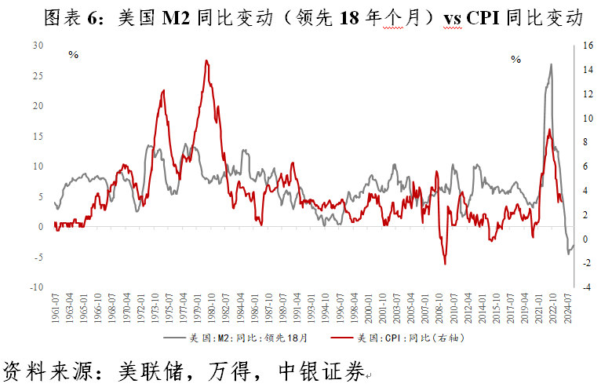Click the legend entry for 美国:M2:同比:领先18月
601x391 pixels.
click(x=235, y=339)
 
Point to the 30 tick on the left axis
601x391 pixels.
click(x=38, y=45)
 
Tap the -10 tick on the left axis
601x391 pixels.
click(x=36, y=287)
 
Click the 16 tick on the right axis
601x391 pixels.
click(x=586, y=45)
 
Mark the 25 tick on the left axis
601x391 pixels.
click(x=38, y=75)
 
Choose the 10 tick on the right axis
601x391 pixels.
click(x=586, y=118)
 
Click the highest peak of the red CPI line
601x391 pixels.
click(x=206, y=60)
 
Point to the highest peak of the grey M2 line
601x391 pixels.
click(x=551, y=64)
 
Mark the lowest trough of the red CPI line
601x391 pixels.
click(x=445, y=264)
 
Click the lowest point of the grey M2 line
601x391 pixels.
click(x=569, y=254)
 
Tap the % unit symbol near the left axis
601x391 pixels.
click(x=73, y=55)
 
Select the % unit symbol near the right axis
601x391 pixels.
click(x=515, y=60)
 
